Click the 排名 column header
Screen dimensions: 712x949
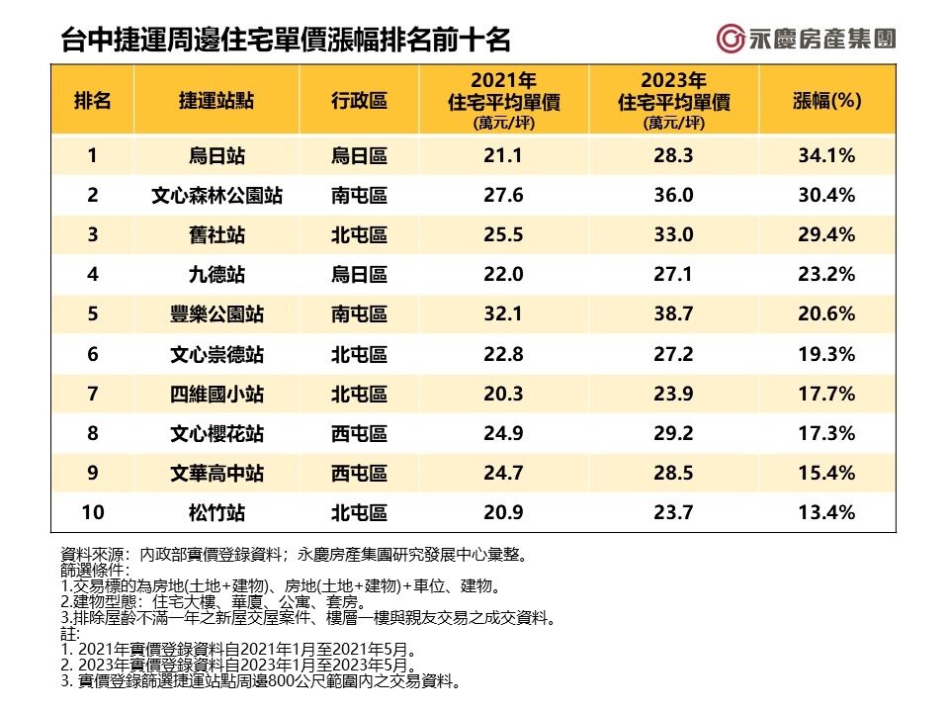(92, 101)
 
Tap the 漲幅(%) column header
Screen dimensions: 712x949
(827, 101)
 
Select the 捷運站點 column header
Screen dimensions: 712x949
(216, 101)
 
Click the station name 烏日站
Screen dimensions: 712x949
(216, 155)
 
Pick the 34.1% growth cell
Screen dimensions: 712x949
(827, 155)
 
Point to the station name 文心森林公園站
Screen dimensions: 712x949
(216, 196)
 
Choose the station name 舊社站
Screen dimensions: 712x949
(216, 235)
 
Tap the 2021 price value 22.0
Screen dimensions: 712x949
(503, 275)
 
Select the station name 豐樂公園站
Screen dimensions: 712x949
(216, 314)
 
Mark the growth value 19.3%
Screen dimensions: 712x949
(827, 354)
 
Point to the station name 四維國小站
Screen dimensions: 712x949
(216, 394)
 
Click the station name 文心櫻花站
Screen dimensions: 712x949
(216, 433)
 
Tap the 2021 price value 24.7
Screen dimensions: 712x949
(503, 473)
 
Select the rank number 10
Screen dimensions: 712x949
(92, 512)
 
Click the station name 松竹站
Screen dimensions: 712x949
(216, 512)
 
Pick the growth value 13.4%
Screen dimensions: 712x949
(827, 512)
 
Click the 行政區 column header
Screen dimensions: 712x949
(359, 101)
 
